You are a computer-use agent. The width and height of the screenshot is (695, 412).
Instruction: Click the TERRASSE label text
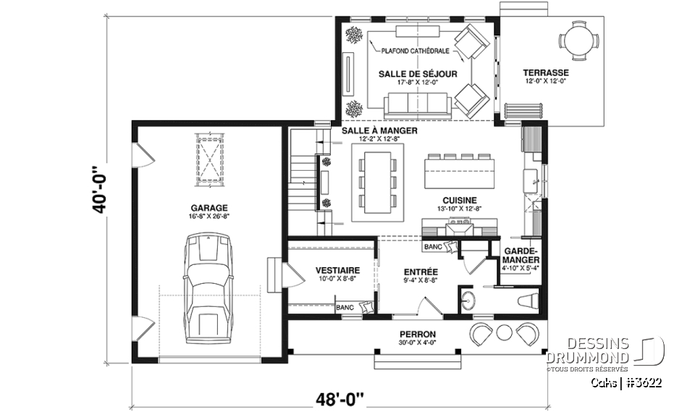point(547,73)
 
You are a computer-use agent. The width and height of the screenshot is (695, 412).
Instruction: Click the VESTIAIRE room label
point(334,271)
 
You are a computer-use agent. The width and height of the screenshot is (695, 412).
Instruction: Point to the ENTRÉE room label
point(420,272)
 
